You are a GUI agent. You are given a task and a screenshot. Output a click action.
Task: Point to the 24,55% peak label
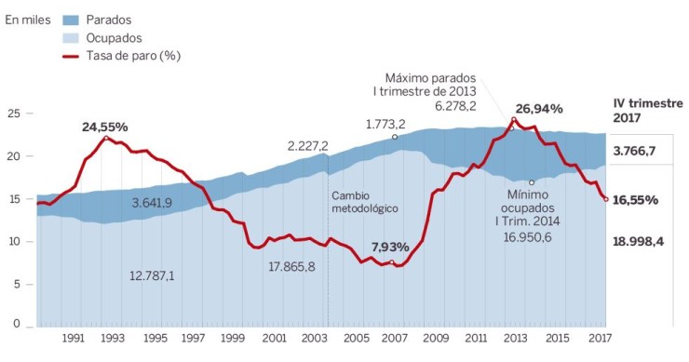coord(104,126)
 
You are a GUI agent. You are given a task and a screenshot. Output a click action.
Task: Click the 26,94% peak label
coord(539,108)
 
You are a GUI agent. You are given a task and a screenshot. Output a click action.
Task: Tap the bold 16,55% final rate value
coord(636,199)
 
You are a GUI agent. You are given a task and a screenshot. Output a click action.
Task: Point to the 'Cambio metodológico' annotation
coord(365,202)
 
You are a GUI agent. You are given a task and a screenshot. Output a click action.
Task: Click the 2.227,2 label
coord(308,145)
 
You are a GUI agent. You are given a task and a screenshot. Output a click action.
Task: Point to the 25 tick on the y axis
coord(13,114)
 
